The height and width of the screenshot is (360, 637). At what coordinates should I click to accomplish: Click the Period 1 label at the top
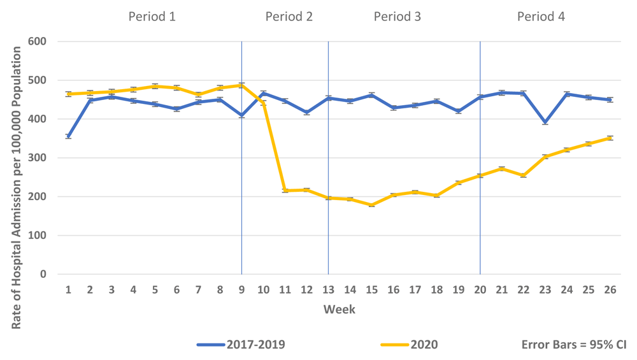[x=152, y=17]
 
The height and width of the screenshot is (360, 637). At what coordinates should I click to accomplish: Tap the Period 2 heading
[x=289, y=17]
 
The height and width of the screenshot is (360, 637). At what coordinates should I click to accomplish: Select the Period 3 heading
[x=397, y=17]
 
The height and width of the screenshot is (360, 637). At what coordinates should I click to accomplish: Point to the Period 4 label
[x=541, y=17]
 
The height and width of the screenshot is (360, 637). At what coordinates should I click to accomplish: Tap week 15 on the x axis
[x=371, y=290]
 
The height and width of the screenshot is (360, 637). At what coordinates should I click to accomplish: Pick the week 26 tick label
[x=610, y=290]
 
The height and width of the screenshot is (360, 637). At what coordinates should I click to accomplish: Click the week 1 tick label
[x=68, y=290]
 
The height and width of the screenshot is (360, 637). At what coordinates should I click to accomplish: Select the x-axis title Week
[x=339, y=310]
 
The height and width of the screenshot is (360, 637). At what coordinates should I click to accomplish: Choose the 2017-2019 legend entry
[x=241, y=345]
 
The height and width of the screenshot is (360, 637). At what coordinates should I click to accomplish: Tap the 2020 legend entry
[x=409, y=345]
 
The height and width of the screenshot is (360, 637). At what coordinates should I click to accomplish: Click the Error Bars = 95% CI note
[x=574, y=345]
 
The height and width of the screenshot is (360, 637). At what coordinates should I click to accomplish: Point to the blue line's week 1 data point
[x=68, y=136]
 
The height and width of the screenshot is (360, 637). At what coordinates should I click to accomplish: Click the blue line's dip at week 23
[x=545, y=122]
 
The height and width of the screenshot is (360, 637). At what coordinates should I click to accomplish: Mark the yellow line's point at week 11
[x=285, y=191]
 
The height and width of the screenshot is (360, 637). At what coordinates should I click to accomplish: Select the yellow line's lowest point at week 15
[x=371, y=205]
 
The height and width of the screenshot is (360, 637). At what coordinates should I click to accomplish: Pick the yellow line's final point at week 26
[x=610, y=138]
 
